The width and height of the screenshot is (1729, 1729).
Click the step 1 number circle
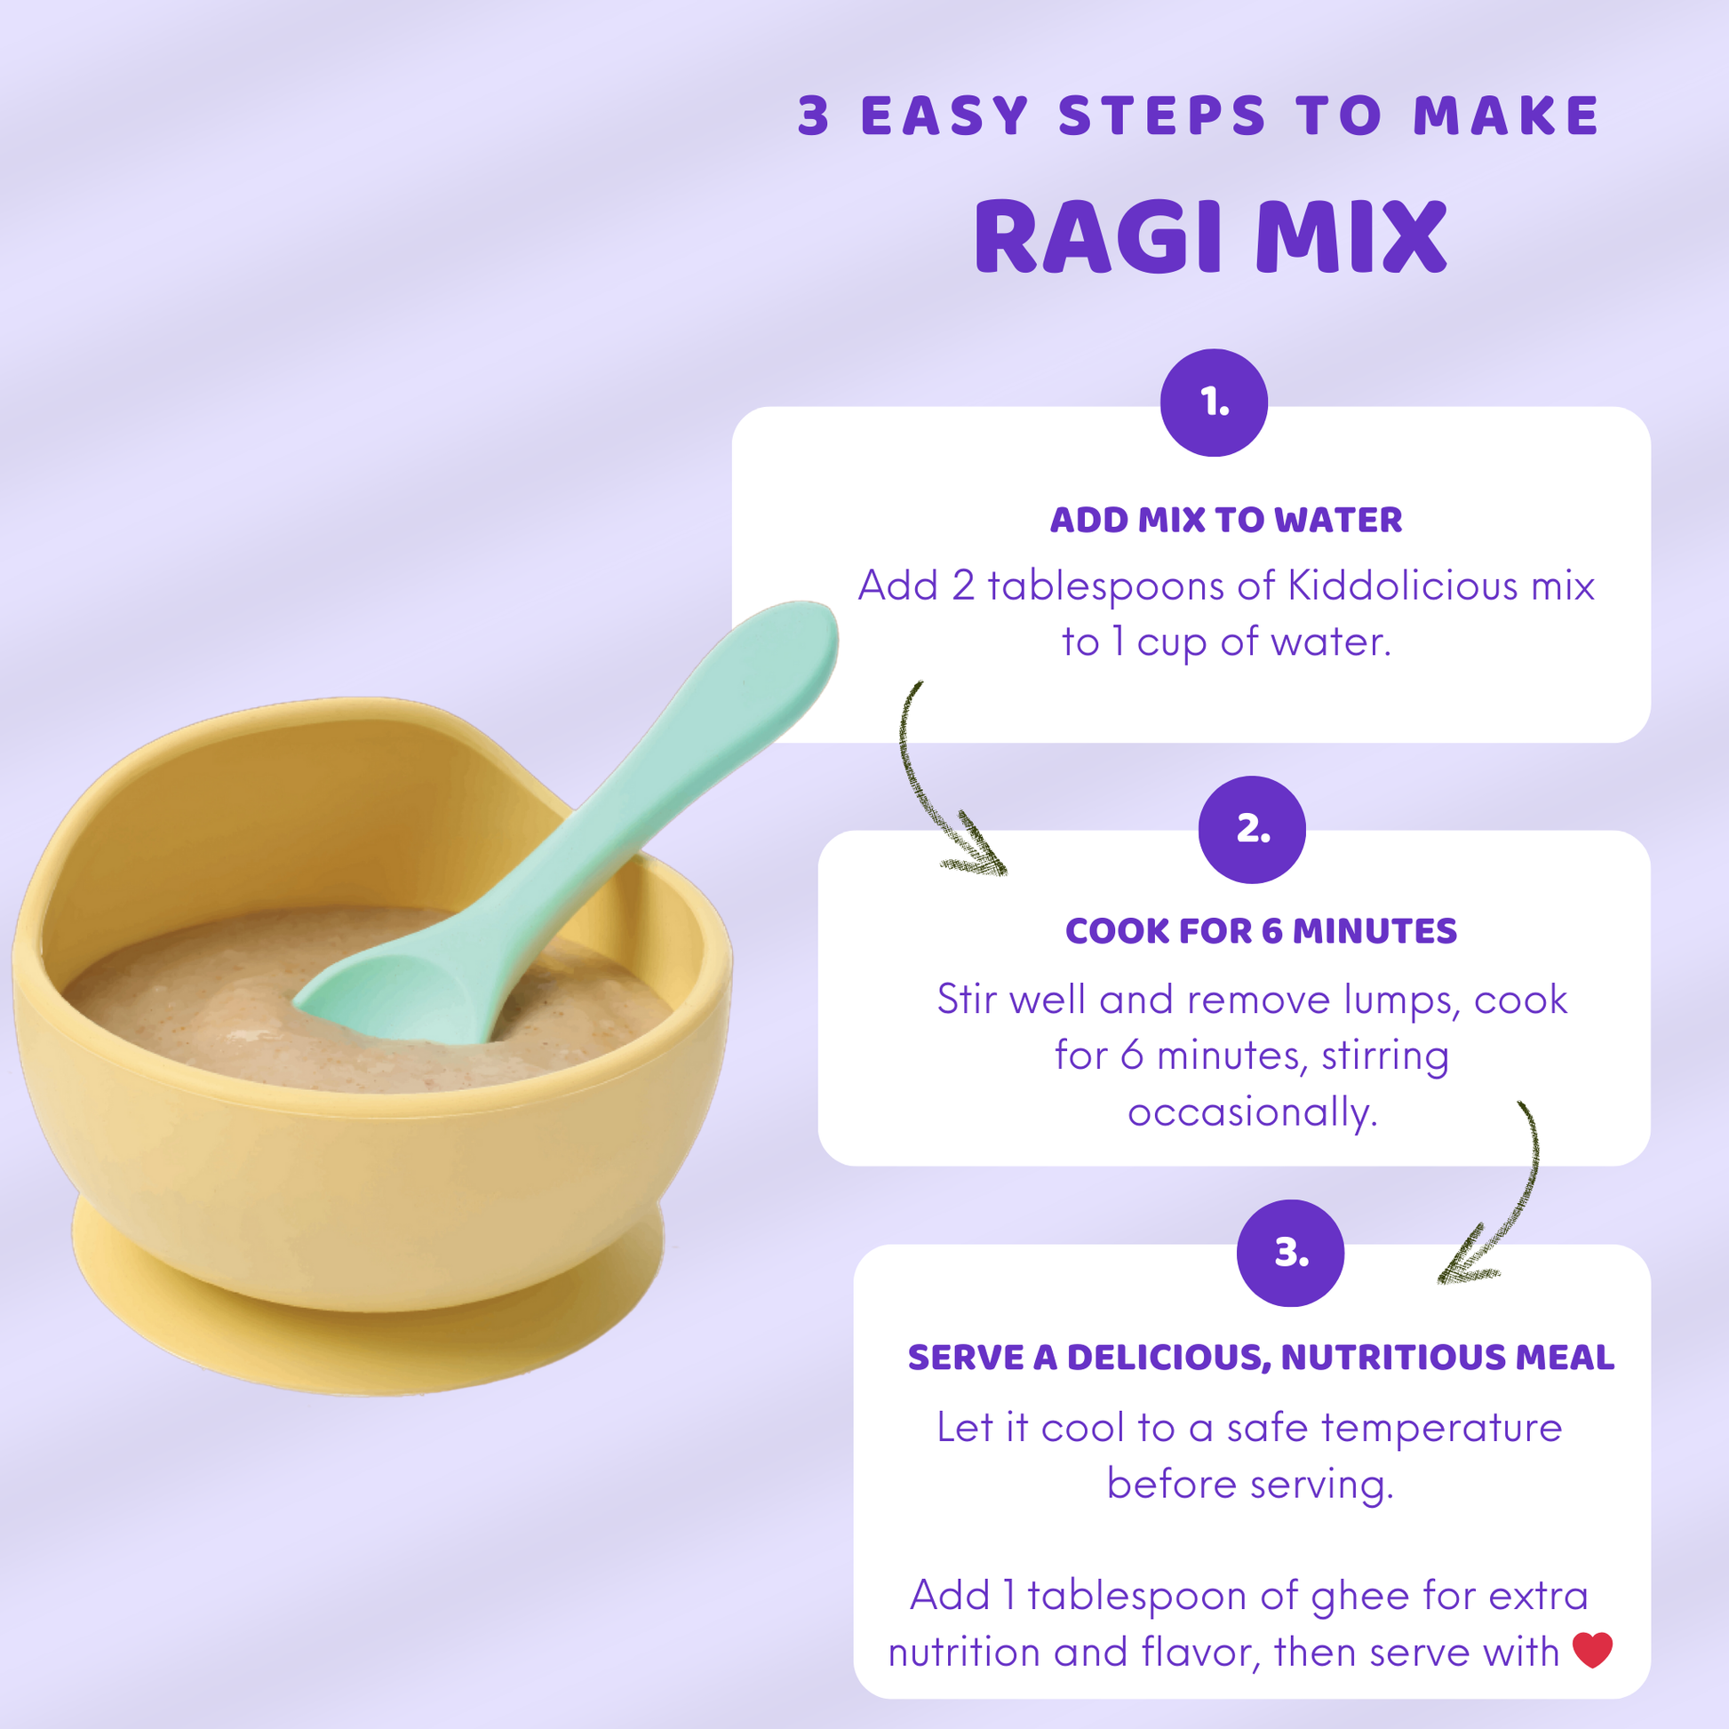coord(1214,402)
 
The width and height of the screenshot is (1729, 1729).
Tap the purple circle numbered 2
coord(1252,830)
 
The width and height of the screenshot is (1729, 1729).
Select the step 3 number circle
coord(1290,1253)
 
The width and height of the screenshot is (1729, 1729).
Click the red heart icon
coord(1592,1650)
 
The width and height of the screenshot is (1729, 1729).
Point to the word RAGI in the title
coord(1098,236)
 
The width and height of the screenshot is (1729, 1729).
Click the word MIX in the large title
coord(1351,236)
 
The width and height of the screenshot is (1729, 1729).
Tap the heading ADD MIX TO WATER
coord(1226,520)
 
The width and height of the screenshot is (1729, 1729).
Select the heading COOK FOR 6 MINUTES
coord(1261,932)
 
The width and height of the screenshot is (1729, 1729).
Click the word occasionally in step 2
coord(1252,1112)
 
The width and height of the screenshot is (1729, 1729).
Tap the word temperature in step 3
coord(1441,1430)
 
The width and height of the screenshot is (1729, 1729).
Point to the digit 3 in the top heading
coord(814,116)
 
